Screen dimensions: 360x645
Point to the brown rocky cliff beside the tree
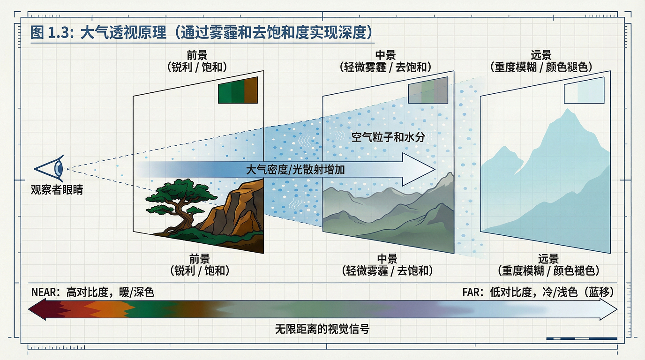click(x=234, y=206)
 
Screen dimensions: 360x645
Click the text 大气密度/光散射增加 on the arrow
click(x=295, y=169)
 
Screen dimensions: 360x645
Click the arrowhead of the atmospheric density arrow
click(x=420, y=169)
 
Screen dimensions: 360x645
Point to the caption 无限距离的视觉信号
click(x=322, y=329)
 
